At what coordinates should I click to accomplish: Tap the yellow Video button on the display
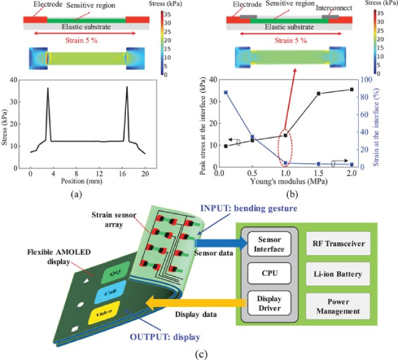tap(105, 312)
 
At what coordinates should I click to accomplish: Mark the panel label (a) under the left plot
tap(79, 194)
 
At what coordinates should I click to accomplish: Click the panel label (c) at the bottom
tap(200, 353)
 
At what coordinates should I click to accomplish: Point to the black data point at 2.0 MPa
tap(352, 90)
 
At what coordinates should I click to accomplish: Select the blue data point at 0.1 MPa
tap(226, 93)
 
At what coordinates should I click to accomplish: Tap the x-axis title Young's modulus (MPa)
tap(286, 180)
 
